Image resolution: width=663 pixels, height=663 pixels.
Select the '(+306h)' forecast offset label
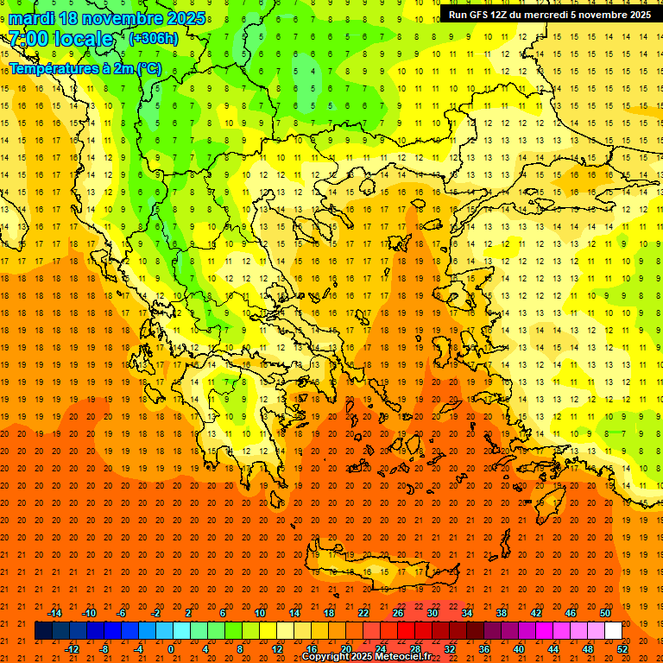point(153,38)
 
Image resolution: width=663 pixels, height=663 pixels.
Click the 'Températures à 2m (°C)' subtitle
point(85,67)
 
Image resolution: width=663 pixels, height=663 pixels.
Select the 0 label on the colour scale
point(170,649)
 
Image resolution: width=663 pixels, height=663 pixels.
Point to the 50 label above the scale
point(605,612)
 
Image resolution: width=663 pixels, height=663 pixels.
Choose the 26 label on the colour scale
point(398,612)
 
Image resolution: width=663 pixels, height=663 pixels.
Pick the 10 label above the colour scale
point(260,612)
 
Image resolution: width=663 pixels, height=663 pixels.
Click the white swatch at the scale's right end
point(613,630)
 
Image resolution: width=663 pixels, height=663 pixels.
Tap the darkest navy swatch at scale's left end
point(43,630)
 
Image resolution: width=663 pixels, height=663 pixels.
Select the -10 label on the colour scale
point(88,612)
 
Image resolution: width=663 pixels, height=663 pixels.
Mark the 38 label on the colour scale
point(502,612)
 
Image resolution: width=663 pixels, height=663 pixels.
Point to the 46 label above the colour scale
point(571,612)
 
